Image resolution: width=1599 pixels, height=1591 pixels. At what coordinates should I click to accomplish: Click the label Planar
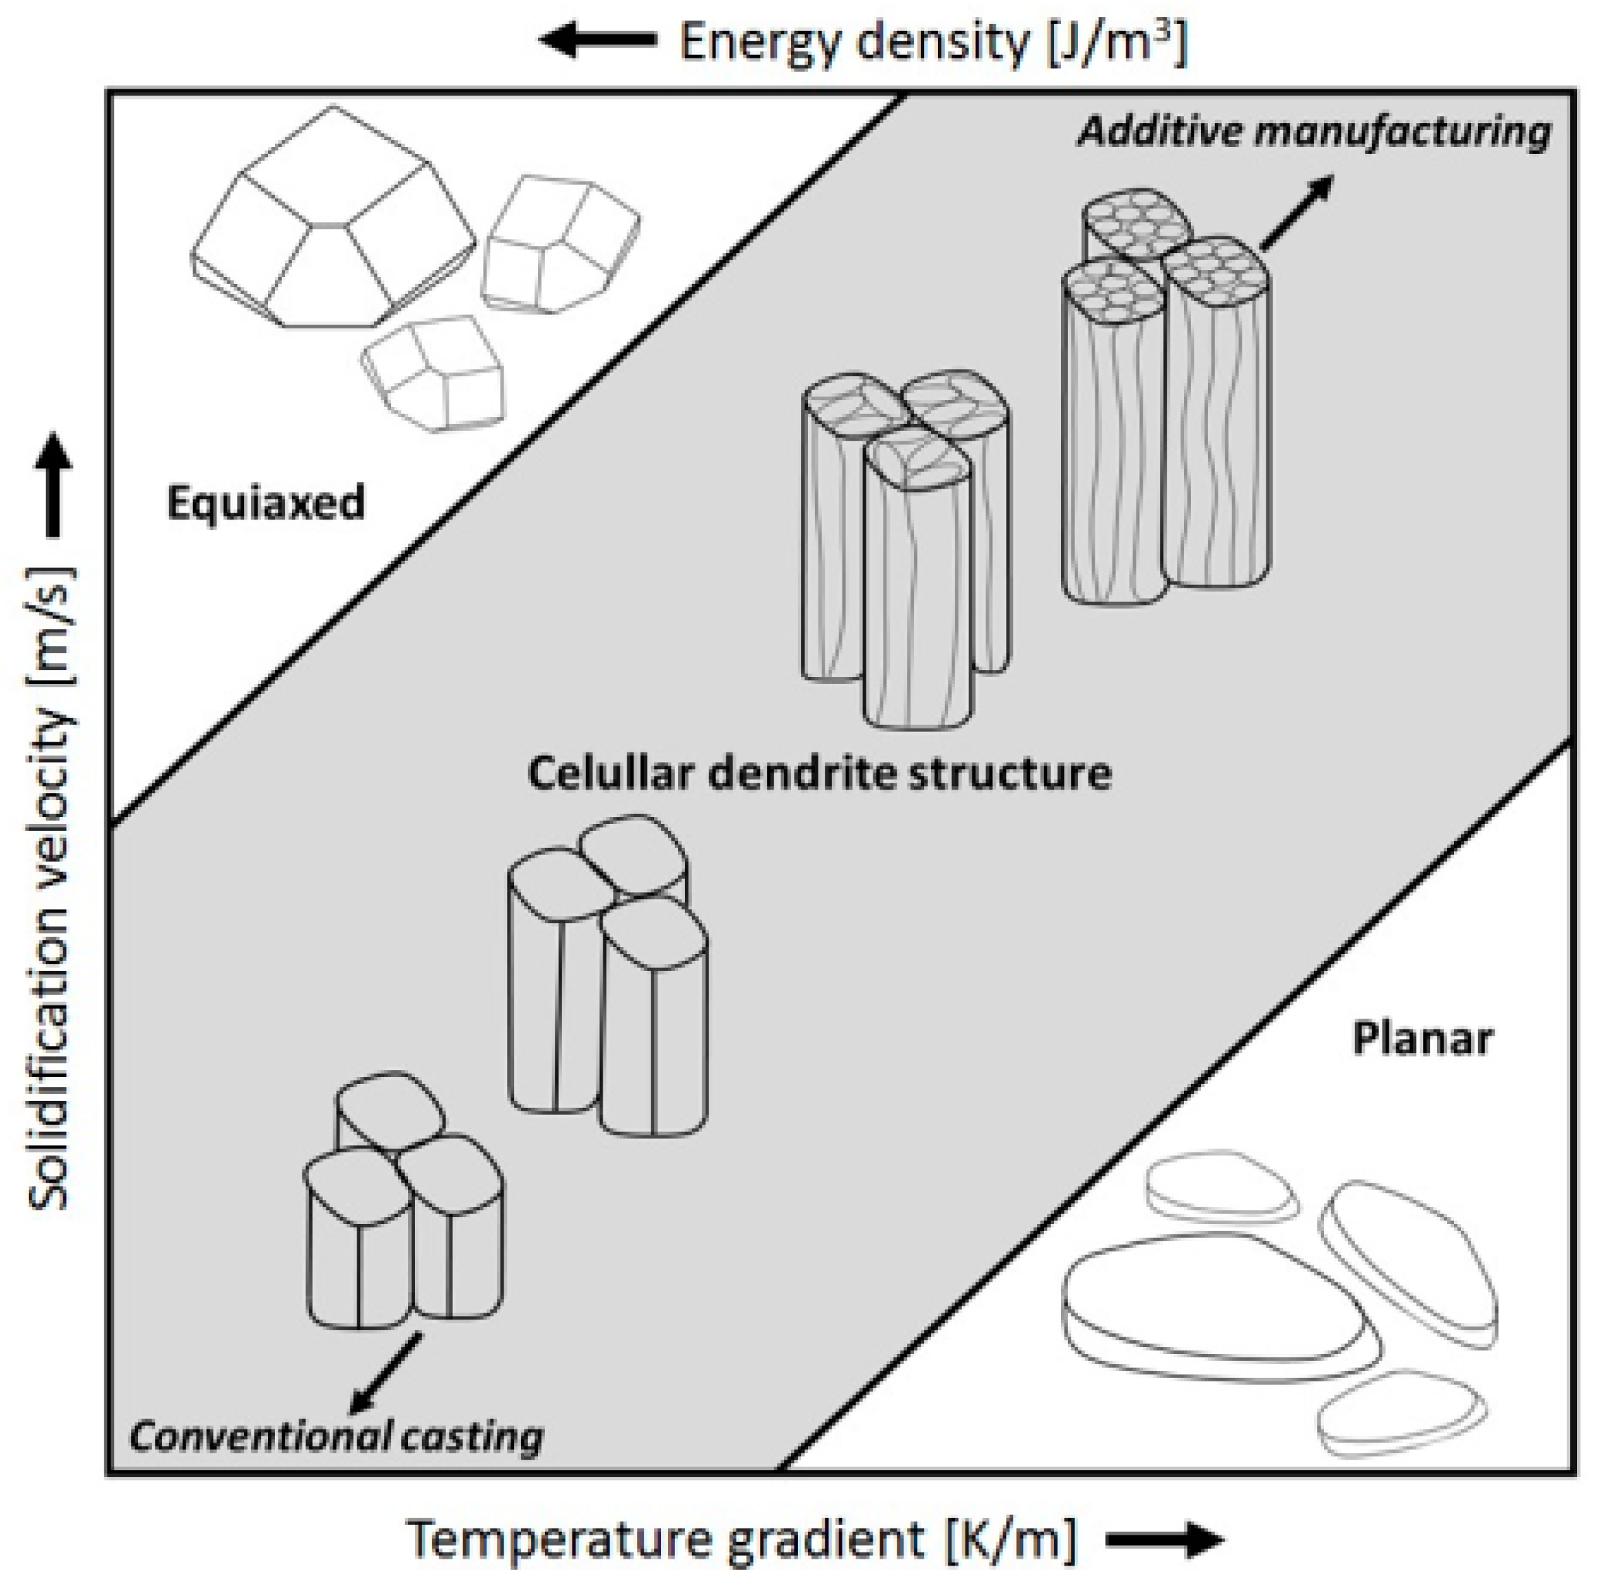(x=1422, y=1039)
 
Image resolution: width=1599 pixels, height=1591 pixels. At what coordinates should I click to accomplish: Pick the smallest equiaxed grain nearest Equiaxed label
(x=434, y=372)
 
